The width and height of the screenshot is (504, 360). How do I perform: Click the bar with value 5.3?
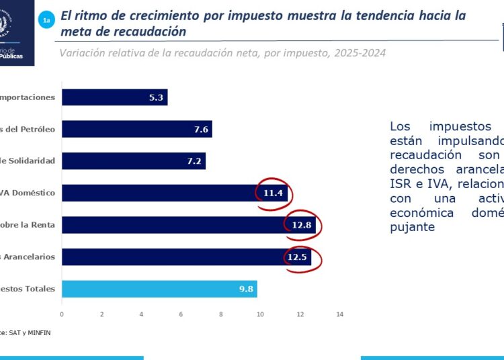pyautogui.click(x=114, y=97)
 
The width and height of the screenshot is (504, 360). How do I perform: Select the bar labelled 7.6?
pyautogui.click(x=136, y=129)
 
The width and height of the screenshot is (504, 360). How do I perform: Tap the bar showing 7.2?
pyautogui.click(x=133, y=161)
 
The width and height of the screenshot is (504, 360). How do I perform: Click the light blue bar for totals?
pyautogui.click(x=159, y=289)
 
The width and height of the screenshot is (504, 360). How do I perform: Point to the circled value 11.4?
pyautogui.click(x=274, y=193)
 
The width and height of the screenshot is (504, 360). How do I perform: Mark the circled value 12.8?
pyautogui.click(x=300, y=225)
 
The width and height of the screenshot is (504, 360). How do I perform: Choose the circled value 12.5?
pyautogui.click(x=299, y=257)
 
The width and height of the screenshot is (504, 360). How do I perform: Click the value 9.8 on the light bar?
pyautogui.click(x=247, y=289)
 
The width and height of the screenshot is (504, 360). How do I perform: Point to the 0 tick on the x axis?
pyautogui.click(x=62, y=314)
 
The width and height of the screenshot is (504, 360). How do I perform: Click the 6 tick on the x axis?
pyautogui.click(x=181, y=314)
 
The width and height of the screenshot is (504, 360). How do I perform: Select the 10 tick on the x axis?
pyautogui.click(x=260, y=314)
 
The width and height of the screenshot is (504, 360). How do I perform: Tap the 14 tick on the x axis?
pyautogui.click(x=339, y=314)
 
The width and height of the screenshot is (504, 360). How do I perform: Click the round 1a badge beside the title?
pyautogui.click(x=46, y=21)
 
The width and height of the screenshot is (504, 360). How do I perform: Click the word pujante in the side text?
pyautogui.click(x=412, y=227)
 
